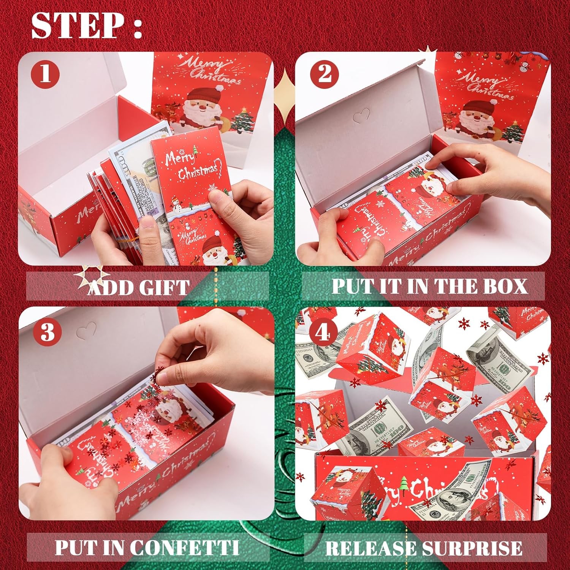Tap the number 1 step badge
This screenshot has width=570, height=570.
point(46,73)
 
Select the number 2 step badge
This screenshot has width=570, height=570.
point(324,73)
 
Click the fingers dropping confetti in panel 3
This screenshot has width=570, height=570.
point(167,376)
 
